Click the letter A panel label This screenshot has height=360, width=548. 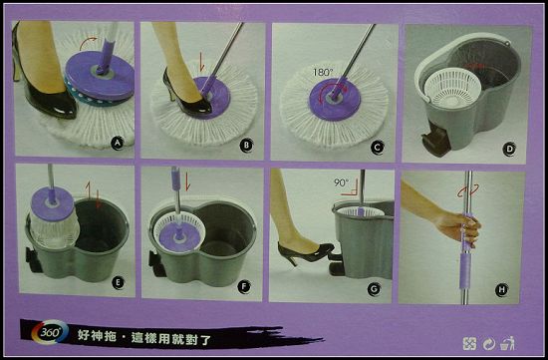118,143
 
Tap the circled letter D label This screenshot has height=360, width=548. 509,150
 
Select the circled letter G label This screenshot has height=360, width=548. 374,289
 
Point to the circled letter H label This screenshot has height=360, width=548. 502,289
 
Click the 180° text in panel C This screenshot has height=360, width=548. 323,73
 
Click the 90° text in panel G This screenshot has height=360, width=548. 341,182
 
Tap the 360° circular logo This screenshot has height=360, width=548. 50,332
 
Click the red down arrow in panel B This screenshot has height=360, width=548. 201,62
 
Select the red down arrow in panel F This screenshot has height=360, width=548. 187,181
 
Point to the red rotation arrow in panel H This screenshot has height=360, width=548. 468,190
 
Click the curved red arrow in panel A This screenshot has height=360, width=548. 88,42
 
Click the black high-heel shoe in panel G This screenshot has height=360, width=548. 305,253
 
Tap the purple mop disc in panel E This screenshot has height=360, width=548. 53,203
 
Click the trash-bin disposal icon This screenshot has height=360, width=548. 508,343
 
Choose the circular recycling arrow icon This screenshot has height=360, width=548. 488,344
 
